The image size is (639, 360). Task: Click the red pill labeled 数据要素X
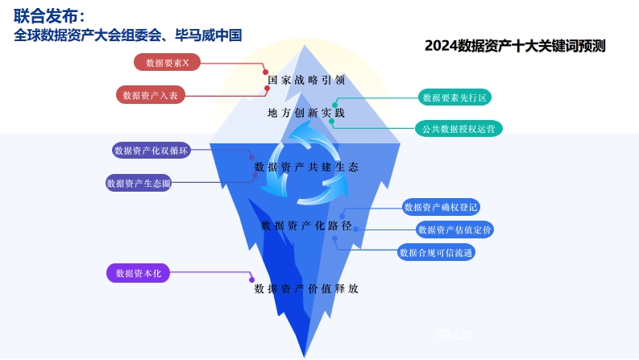[167, 62]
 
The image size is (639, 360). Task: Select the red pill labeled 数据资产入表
[151, 95]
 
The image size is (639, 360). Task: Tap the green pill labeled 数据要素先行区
[454, 97]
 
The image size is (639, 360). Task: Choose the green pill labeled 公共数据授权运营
[459, 129]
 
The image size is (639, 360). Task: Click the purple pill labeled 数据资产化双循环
[151, 151]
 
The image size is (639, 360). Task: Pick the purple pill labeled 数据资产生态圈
[139, 183]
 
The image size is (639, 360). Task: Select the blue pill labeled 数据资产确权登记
[441, 207]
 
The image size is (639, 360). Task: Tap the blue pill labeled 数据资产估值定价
[454, 230]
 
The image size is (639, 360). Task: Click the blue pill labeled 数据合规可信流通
[436, 253]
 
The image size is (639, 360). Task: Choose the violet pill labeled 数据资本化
[138, 273]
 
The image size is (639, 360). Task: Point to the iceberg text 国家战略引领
[306, 80]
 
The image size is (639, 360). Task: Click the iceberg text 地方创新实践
[306, 113]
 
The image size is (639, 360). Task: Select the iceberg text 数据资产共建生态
[306, 167]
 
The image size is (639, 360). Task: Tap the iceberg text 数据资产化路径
[306, 226]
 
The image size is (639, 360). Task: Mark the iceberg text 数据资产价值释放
[306, 288]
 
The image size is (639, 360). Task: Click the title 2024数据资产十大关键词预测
[515, 46]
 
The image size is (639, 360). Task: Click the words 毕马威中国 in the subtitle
[209, 35]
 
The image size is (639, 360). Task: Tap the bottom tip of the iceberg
[305, 357]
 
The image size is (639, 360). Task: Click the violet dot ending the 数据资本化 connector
[251, 279]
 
